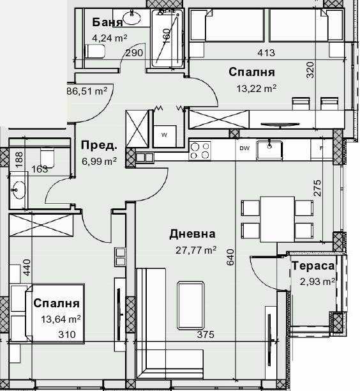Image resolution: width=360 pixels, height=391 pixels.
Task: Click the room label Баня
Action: coord(108,23)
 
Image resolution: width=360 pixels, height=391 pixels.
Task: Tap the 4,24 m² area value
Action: coord(110,38)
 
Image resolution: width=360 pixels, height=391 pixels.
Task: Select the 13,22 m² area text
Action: coord(253,88)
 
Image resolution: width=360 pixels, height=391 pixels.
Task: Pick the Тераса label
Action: coord(313,266)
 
